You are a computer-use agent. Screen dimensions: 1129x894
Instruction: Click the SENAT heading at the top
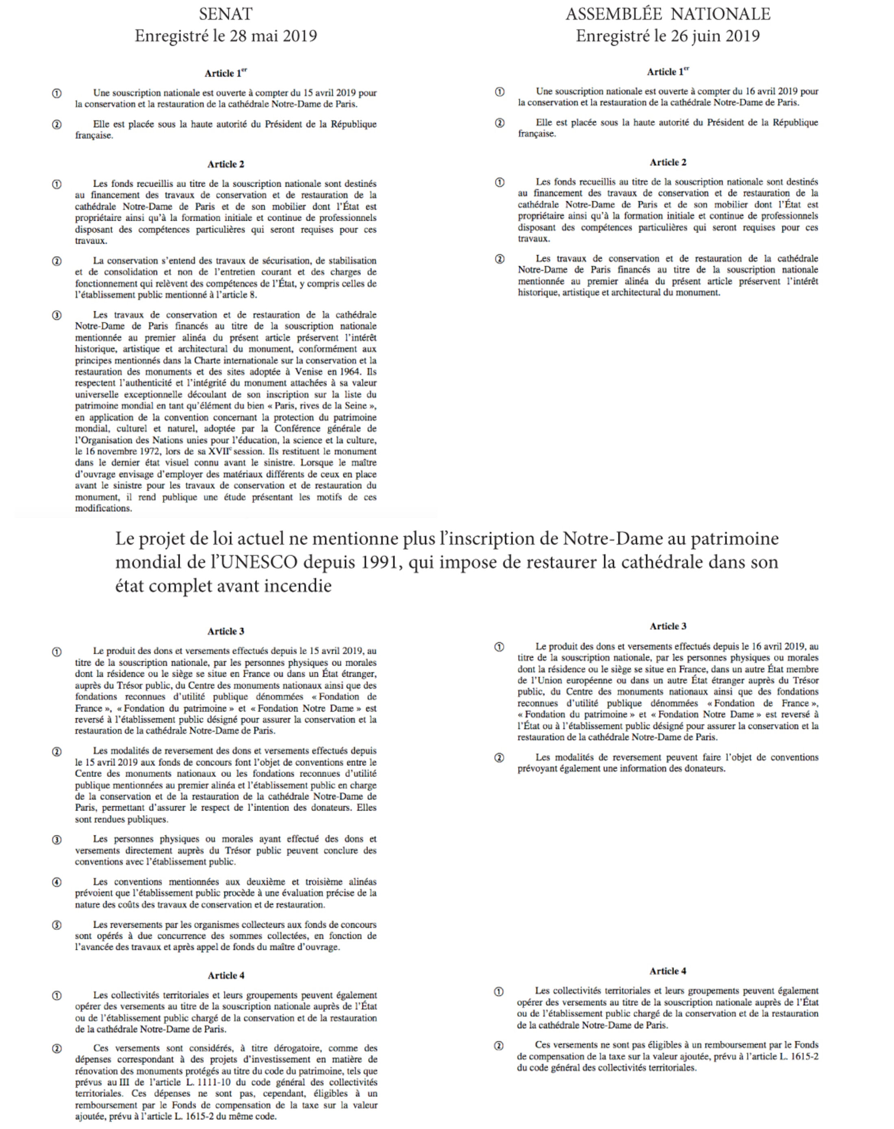point(226,13)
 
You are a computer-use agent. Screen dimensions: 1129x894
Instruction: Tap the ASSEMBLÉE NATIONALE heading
point(668,13)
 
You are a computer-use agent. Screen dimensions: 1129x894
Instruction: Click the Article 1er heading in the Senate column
point(226,73)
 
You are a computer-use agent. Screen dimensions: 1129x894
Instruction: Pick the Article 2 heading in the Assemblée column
point(668,163)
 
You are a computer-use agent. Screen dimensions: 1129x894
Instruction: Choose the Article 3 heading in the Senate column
point(226,631)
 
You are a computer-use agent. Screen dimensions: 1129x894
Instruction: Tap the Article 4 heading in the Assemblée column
point(668,971)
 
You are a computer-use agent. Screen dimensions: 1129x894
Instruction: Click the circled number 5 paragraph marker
point(56,925)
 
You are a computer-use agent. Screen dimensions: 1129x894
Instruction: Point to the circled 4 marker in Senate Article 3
point(56,882)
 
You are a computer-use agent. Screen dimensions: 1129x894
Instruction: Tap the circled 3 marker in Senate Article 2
point(56,315)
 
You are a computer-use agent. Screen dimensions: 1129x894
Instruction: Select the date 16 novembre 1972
point(115,452)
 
